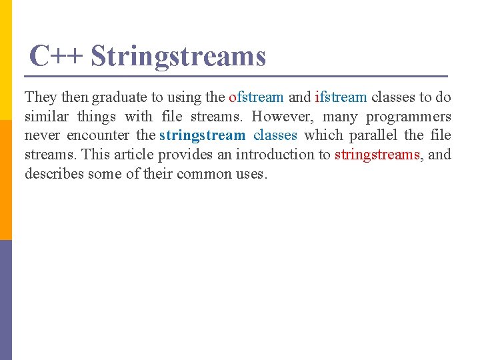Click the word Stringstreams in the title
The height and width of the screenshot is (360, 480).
click(x=178, y=56)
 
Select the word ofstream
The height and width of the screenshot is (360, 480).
click(x=256, y=97)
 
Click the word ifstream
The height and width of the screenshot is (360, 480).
click(x=340, y=97)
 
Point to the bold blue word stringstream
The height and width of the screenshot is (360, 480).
click(x=202, y=136)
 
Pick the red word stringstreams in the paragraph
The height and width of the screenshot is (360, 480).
click(x=377, y=155)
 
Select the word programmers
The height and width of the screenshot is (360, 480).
click(x=410, y=117)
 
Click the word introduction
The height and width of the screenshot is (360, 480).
click(x=270, y=155)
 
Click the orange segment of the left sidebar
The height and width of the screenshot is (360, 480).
click(x=6, y=180)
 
